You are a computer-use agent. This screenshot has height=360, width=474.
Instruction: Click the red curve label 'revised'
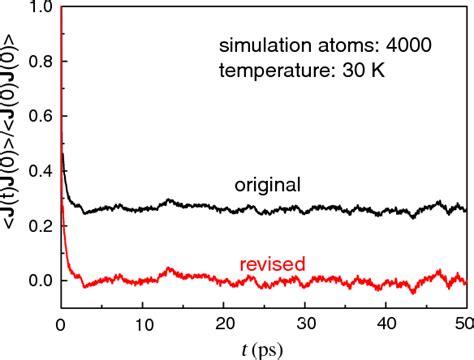click(x=272, y=264)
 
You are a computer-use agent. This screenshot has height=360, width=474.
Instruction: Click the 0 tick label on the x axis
click(x=62, y=324)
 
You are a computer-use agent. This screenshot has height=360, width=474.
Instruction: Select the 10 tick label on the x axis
click(x=142, y=324)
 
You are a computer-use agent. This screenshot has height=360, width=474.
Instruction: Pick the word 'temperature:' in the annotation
click(x=264, y=71)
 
